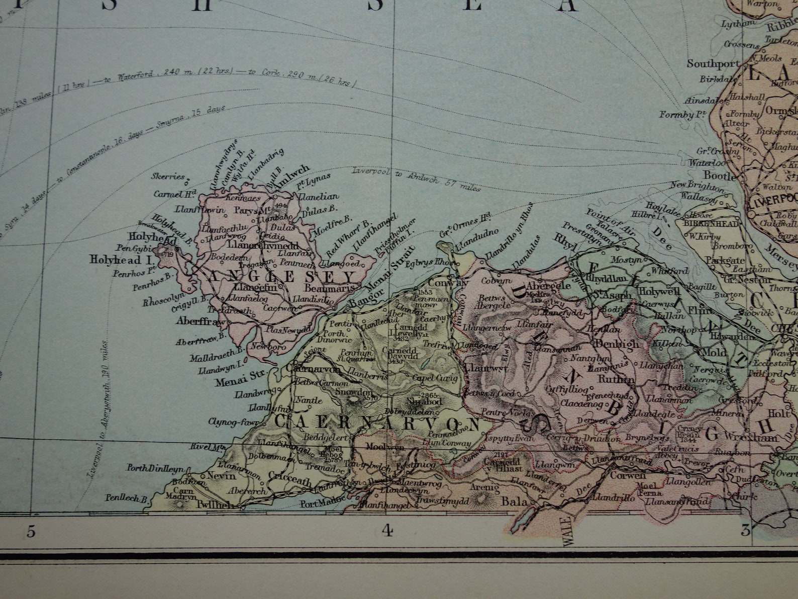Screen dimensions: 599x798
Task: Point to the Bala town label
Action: tap(514, 501)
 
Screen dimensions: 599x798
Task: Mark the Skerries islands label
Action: tap(168, 177)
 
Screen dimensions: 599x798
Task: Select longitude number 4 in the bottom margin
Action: tap(386, 530)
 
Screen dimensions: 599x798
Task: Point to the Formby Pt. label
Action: tap(680, 115)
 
